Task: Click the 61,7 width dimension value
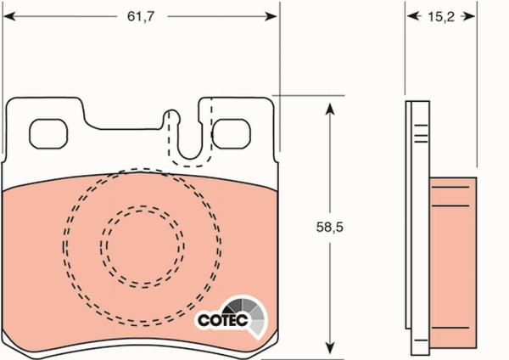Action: (141, 16)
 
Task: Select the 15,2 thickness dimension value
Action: (441, 17)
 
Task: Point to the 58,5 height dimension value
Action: (329, 227)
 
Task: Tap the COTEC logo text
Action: (222, 320)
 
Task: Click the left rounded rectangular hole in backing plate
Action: (48, 134)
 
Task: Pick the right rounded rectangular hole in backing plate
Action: (232, 134)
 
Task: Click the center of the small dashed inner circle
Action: (143, 246)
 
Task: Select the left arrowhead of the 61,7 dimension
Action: (9, 16)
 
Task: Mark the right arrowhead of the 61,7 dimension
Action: (271, 16)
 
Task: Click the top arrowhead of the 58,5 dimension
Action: (329, 110)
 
